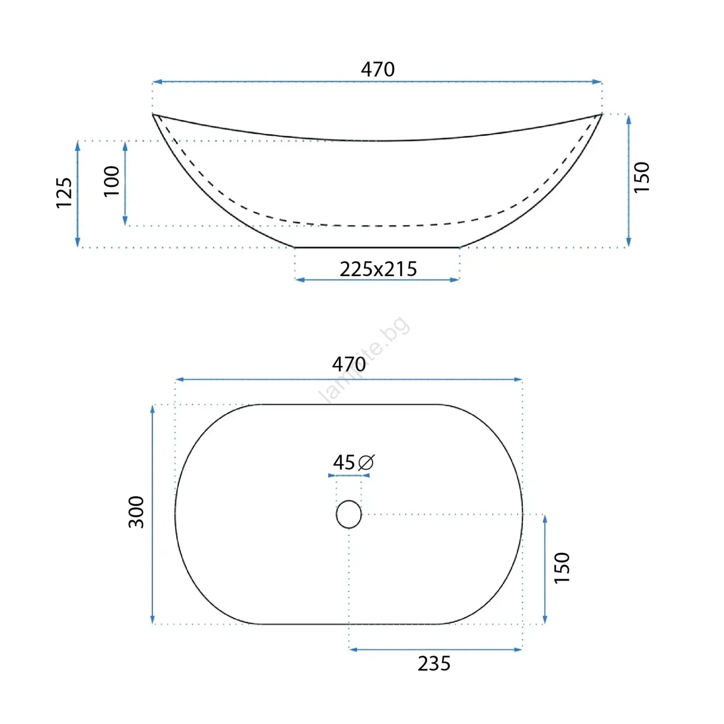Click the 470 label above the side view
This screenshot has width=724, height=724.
(x=378, y=69)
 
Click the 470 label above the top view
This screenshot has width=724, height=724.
(x=349, y=364)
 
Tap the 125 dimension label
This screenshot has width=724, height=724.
(x=64, y=193)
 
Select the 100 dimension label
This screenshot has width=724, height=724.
(x=112, y=181)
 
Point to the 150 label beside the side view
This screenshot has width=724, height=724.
(x=642, y=177)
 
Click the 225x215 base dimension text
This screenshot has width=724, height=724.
(x=378, y=269)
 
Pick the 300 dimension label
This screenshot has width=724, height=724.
(x=136, y=512)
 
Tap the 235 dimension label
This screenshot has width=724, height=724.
(x=434, y=664)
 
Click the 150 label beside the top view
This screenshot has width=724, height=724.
(x=562, y=568)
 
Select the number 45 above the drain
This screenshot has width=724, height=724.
(x=344, y=462)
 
